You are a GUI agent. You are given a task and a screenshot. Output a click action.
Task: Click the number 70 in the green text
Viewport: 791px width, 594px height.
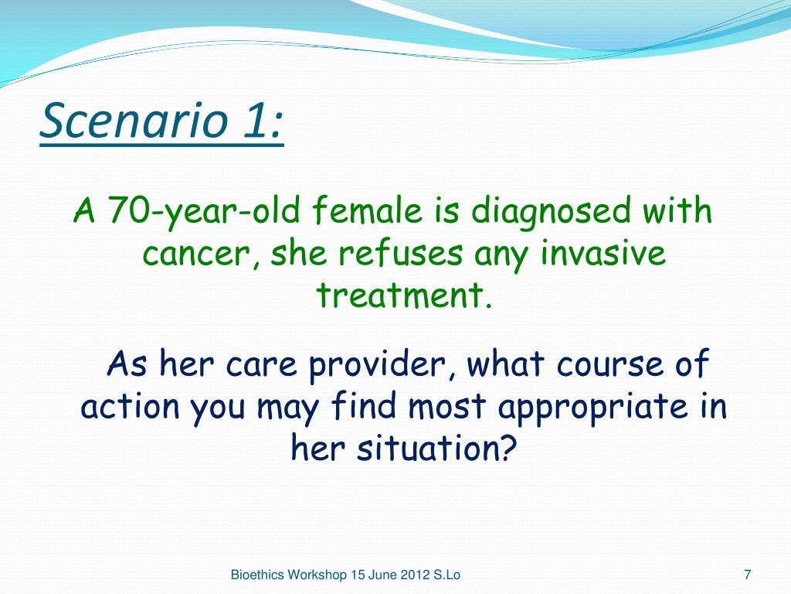click(127, 210)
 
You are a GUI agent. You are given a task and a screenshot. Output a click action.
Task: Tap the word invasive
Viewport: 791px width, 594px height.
click(603, 253)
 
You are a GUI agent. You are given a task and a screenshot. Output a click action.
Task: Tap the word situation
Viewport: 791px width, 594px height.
click(426, 448)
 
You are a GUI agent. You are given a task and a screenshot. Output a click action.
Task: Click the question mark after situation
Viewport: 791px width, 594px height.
click(508, 447)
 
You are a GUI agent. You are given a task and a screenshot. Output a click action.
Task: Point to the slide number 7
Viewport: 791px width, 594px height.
click(748, 575)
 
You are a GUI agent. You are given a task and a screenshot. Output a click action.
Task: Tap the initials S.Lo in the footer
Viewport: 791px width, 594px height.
click(446, 575)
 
